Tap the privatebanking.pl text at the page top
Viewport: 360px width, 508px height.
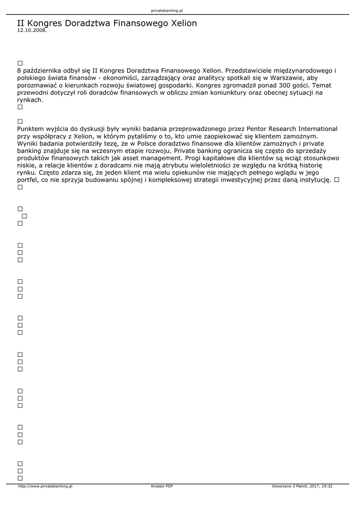167,10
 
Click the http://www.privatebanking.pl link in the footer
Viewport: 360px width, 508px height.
45,486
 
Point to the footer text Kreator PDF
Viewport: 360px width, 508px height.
162,486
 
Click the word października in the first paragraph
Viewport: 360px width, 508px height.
42,70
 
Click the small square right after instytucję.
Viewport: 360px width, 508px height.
337,180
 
